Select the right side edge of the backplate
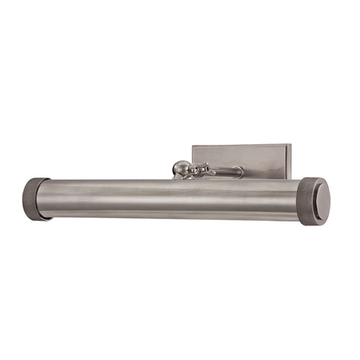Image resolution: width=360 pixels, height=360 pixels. tap(290, 160)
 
